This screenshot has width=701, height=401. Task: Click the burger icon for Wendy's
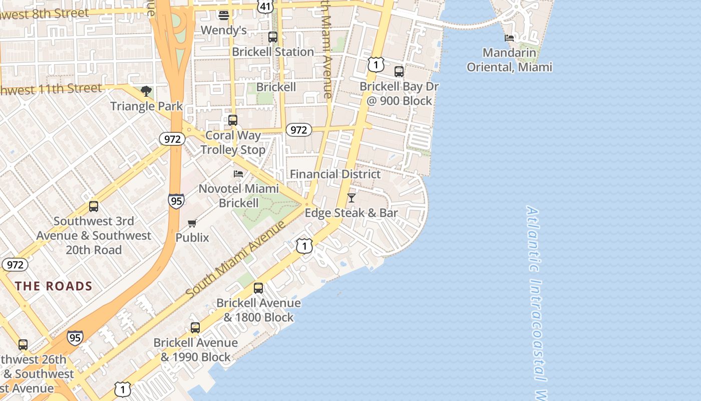(x=224, y=15)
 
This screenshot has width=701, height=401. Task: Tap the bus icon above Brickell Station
(x=273, y=37)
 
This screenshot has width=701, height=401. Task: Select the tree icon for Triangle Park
(x=146, y=91)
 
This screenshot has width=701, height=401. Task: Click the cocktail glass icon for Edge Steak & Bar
(x=352, y=198)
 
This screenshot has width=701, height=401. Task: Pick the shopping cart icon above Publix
(x=192, y=223)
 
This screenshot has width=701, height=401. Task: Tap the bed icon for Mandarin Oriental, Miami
(x=509, y=38)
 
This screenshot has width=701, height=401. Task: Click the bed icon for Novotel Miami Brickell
(x=238, y=174)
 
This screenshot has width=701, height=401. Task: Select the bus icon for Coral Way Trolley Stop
(x=233, y=120)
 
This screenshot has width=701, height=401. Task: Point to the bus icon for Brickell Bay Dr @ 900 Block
(x=399, y=72)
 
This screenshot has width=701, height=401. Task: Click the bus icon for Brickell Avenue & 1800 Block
(x=258, y=288)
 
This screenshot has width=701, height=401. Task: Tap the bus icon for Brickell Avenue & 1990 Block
(x=195, y=328)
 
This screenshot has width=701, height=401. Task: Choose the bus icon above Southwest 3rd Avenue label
(x=94, y=207)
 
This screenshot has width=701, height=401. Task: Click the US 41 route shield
(x=265, y=6)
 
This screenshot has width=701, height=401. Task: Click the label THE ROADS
(x=54, y=286)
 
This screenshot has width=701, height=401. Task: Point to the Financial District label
(x=335, y=174)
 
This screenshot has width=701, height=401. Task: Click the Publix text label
(x=192, y=237)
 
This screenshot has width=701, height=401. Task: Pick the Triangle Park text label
(x=146, y=106)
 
